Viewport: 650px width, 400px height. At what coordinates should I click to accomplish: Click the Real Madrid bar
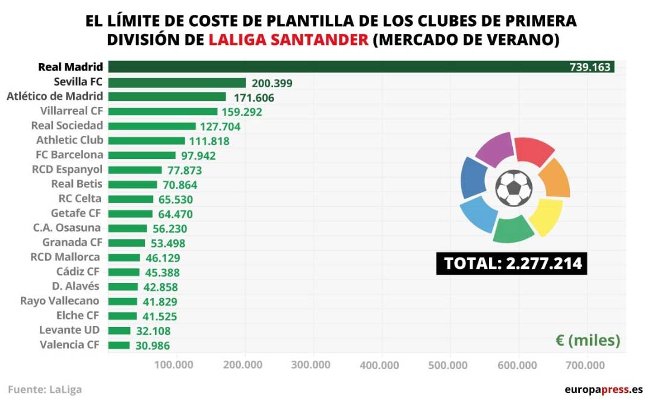click(x=332, y=67)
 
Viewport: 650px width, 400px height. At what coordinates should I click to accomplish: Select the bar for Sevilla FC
click(x=177, y=82)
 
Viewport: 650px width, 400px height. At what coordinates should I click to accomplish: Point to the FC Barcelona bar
click(x=142, y=155)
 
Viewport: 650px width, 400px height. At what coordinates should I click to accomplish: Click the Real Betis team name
click(x=77, y=184)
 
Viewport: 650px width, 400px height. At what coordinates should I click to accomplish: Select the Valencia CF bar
click(x=119, y=345)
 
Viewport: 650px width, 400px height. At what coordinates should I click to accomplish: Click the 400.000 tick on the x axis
click(x=381, y=364)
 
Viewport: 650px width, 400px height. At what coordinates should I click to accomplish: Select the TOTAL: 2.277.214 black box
click(x=512, y=264)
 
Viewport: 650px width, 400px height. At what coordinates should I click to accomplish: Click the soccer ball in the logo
click(x=514, y=188)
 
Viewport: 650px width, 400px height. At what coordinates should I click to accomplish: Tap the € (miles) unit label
click(x=588, y=341)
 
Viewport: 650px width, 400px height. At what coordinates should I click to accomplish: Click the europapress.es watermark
click(x=603, y=389)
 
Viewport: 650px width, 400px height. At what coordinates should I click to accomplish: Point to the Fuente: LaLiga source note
click(x=45, y=389)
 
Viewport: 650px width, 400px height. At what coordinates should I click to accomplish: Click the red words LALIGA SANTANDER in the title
click(x=289, y=40)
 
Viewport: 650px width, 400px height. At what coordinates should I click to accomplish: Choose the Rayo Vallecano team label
click(x=60, y=301)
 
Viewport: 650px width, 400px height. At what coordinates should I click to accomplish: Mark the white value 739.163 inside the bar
click(x=589, y=68)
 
